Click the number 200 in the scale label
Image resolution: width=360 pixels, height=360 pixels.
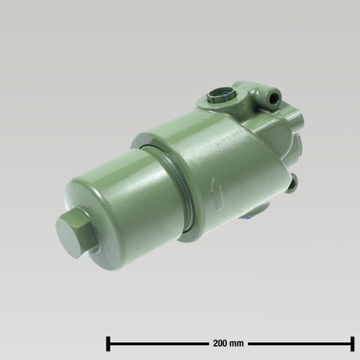(x=221, y=343)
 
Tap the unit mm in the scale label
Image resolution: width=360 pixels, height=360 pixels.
(x=238, y=343)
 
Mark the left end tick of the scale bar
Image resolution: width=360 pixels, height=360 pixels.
(x=107, y=342)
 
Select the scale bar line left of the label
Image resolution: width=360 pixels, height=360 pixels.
(x=157, y=342)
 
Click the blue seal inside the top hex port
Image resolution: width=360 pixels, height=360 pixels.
(x=222, y=96)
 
